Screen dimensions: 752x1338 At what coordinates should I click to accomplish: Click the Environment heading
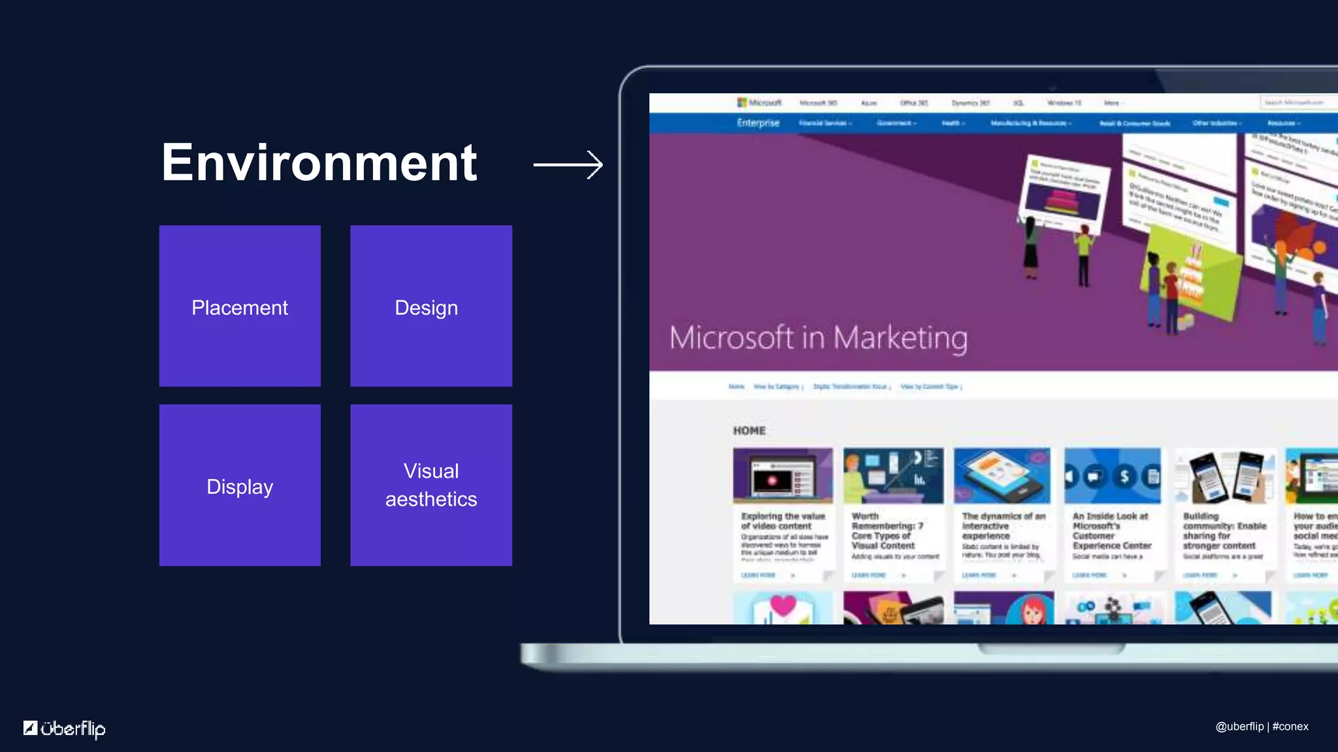click(x=319, y=163)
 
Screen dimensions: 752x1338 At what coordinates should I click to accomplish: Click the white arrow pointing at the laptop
click(x=568, y=164)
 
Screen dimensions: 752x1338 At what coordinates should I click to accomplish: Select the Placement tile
click(x=240, y=306)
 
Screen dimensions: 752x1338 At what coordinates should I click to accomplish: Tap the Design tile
click(x=431, y=306)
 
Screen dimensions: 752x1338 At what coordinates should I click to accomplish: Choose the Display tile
click(x=240, y=485)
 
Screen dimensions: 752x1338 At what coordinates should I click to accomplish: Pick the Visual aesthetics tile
click(x=431, y=485)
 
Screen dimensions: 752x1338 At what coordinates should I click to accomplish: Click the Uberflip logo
click(x=65, y=728)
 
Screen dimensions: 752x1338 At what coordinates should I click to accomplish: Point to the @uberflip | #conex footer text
click(x=1262, y=727)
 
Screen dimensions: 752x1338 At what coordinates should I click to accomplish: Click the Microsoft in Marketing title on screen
click(x=818, y=338)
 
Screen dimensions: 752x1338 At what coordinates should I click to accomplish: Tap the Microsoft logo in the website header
click(x=759, y=102)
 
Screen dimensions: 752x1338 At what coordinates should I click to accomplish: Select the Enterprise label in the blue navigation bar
click(x=758, y=123)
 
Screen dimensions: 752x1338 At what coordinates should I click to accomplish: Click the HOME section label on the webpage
click(x=749, y=431)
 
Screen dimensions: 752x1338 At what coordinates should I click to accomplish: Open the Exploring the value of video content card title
click(x=783, y=521)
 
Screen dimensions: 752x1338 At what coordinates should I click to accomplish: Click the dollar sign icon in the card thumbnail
click(x=1124, y=477)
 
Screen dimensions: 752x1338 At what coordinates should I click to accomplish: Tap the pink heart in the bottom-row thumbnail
click(x=783, y=605)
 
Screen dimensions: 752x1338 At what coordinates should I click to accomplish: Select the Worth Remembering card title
click(x=887, y=531)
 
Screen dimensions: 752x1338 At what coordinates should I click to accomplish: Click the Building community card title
click(x=1224, y=531)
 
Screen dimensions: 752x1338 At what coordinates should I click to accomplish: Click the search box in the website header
click(x=1297, y=102)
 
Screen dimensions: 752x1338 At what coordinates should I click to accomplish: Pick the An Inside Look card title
click(x=1111, y=531)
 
